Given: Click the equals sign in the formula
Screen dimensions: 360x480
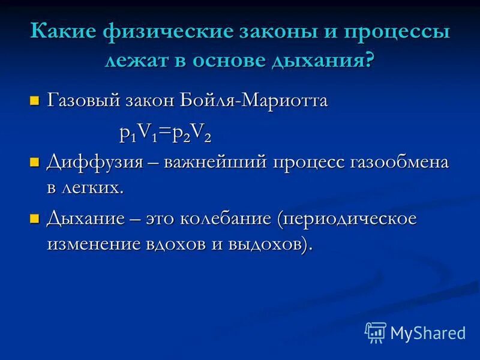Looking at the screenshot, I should pos(164,133).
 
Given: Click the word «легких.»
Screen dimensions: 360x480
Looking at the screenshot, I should pos(94,187).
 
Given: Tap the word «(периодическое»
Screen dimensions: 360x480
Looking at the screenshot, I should pos(347,219).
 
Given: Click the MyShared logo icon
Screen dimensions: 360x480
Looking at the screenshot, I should pos(376,331).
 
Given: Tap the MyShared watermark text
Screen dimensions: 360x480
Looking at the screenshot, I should pos(428,332).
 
